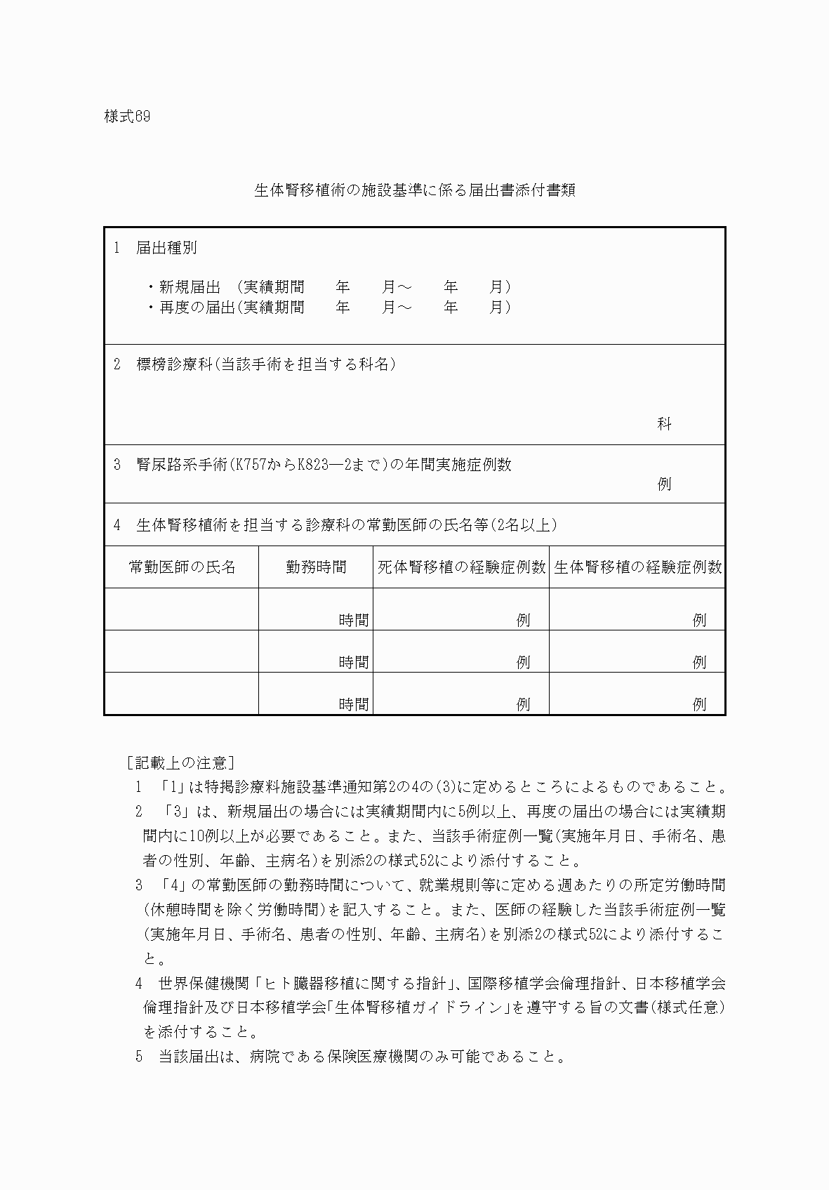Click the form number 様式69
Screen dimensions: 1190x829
click(127, 117)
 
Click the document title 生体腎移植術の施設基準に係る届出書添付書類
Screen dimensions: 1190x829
click(414, 190)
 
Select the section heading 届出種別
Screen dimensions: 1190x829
click(166, 248)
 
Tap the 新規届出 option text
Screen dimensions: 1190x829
click(190, 286)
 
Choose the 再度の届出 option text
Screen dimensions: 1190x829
click(197, 308)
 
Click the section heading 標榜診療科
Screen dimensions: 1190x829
click(174, 364)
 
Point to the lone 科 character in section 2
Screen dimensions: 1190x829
click(664, 423)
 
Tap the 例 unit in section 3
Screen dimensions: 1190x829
click(664, 484)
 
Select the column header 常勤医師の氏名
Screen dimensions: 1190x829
click(182, 567)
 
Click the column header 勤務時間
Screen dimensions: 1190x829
click(316, 567)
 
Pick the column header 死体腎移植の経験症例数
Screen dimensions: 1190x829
click(461, 567)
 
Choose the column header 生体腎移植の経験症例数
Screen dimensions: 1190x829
click(637, 567)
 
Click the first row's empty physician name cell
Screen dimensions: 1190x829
click(182, 609)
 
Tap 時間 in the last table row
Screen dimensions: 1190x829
click(354, 704)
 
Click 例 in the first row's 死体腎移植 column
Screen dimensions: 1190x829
click(523, 620)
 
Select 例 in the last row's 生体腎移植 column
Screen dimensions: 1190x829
click(699, 704)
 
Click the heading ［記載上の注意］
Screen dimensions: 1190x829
click(180, 762)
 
